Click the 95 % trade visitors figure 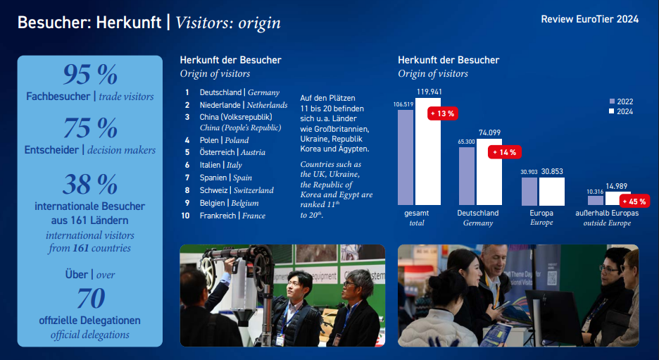90,75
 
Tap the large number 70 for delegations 91,298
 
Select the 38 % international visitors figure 90,184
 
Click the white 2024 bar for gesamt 428,151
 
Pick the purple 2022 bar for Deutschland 467,176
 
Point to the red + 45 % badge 634,201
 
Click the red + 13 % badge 443,113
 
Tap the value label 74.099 489,133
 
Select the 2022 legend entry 621,101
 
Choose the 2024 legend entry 621,111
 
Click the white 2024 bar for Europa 552,192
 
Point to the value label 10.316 595,192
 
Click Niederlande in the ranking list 220,105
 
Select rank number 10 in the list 185,216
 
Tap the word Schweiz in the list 213,190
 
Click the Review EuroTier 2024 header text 590,19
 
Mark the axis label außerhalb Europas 607,213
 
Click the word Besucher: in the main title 54,23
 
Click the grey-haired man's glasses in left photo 351,285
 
